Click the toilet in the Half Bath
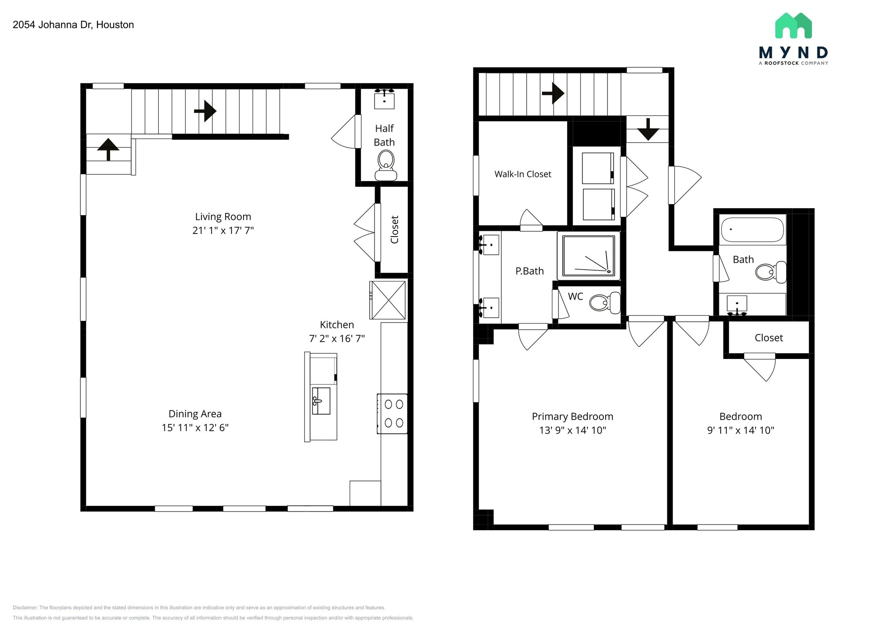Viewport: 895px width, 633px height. [386, 165]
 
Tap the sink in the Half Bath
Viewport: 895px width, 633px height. [384, 99]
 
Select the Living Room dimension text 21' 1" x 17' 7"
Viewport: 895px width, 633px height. [223, 230]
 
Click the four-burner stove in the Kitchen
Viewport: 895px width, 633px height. [393, 414]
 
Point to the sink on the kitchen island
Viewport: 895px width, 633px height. [321, 400]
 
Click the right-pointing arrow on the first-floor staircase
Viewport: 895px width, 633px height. [205, 111]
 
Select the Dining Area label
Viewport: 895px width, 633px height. [195, 414]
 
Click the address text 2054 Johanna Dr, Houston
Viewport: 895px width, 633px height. [73, 25]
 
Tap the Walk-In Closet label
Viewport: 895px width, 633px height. [523, 174]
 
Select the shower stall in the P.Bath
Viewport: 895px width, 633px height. [589, 256]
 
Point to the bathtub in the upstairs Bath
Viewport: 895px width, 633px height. [752, 230]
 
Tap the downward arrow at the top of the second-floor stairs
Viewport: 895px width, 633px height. [648, 129]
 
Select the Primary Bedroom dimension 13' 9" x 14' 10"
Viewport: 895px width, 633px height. [572, 430]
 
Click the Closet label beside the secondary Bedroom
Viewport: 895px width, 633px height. [768, 338]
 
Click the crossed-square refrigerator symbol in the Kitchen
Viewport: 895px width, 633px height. [388, 300]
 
